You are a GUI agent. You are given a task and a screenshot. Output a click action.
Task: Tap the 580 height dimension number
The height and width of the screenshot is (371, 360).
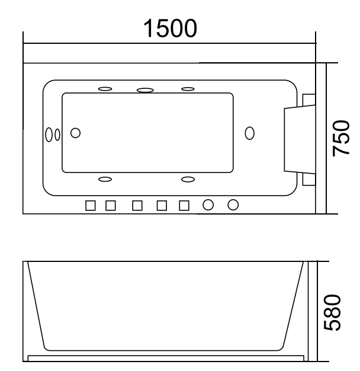341,312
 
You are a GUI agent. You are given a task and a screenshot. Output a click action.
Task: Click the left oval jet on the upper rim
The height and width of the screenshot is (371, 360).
105,89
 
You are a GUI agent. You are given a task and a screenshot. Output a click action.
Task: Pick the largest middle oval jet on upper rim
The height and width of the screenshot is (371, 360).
145,91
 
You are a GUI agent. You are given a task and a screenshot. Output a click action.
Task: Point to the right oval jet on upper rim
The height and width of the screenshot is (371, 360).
188,89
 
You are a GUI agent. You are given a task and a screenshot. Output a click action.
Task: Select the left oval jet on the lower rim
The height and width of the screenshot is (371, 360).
105,178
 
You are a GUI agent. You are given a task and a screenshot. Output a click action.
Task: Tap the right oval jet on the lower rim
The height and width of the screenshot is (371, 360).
188,178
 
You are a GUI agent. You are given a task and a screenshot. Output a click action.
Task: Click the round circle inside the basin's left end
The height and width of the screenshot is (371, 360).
75,133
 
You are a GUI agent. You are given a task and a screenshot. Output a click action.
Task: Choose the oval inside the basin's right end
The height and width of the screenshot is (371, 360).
249,133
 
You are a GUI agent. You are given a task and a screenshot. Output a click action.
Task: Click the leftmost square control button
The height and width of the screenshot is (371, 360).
91,205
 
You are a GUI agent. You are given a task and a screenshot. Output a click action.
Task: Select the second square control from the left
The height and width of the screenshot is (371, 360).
111,205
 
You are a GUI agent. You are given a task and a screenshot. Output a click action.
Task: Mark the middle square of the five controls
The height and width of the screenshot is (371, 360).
137,205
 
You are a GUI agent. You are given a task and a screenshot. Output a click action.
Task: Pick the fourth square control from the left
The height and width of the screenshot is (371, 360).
162,205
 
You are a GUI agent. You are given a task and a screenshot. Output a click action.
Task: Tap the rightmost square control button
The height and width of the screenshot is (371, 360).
184,205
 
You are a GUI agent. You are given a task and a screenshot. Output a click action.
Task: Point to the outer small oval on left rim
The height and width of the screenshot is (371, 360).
49,134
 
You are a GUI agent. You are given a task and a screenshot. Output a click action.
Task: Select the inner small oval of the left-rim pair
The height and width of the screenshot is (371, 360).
57,134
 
